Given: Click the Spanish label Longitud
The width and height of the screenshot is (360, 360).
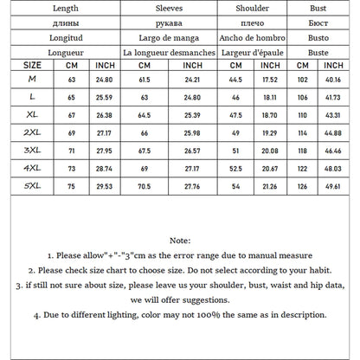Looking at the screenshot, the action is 72,38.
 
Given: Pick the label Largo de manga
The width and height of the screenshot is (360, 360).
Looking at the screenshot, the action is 169,38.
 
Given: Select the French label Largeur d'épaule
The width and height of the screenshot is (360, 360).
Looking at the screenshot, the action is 255,52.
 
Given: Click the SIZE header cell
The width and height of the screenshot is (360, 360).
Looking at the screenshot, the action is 32,65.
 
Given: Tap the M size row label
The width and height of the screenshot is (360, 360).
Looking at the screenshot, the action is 32,79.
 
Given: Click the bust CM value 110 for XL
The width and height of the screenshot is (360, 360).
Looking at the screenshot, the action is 303,113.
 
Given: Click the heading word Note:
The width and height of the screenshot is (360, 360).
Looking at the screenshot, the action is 179,241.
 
